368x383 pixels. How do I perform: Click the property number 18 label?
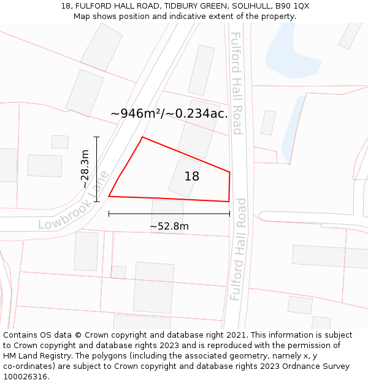click(192, 176)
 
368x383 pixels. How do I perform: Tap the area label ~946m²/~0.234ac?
click(169, 113)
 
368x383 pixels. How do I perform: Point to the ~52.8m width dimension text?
click(169, 226)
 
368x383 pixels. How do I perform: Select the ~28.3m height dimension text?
click(85, 169)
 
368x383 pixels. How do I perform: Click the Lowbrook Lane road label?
click(74, 201)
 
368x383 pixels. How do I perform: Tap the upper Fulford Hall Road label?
click(237, 83)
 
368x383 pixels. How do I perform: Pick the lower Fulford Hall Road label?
click(238, 249)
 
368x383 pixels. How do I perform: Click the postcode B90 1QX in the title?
click(293, 6)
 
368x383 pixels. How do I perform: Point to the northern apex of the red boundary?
click(142, 137)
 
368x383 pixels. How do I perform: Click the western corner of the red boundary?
click(109, 196)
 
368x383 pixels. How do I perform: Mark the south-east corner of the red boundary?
click(229, 201)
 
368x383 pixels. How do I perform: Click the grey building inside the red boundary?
click(185, 176)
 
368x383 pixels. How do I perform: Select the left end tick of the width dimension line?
click(109, 214)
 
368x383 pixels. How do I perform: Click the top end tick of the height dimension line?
click(96, 137)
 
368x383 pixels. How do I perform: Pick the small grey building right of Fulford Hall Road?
click(268, 123)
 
